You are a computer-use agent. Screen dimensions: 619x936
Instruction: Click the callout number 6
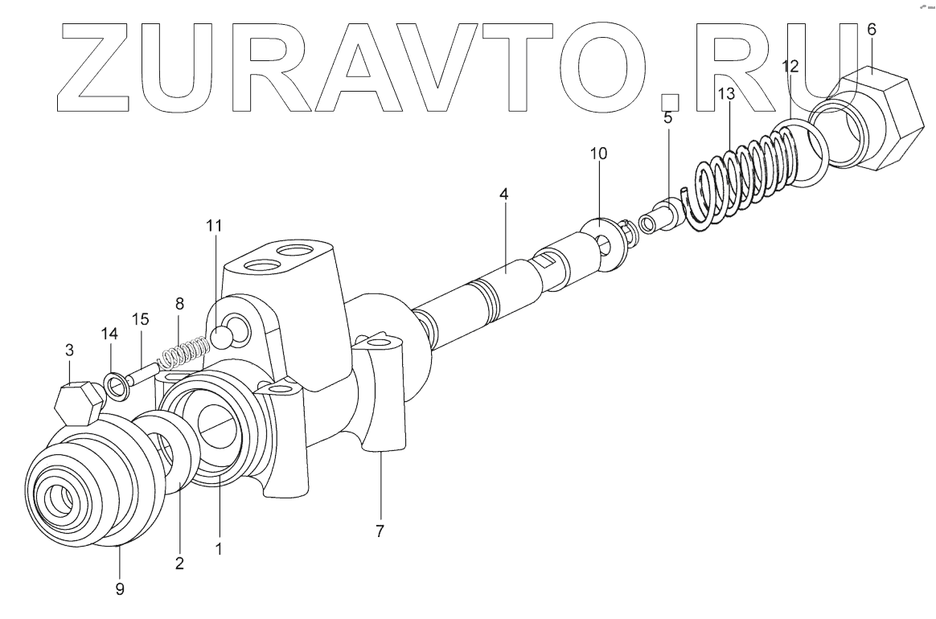coord(872,29)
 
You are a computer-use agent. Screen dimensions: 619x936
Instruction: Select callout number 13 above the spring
coord(726,95)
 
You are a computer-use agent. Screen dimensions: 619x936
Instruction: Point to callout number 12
coord(790,67)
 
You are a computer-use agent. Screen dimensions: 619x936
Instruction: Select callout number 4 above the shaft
coord(503,195)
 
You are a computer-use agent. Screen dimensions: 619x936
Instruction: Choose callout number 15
coord(141,319)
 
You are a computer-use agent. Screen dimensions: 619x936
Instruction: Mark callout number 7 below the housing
coord(380,531)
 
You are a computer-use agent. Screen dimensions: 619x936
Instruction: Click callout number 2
coord(179,563)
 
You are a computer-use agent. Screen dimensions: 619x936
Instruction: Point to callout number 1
coord(218,550)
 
